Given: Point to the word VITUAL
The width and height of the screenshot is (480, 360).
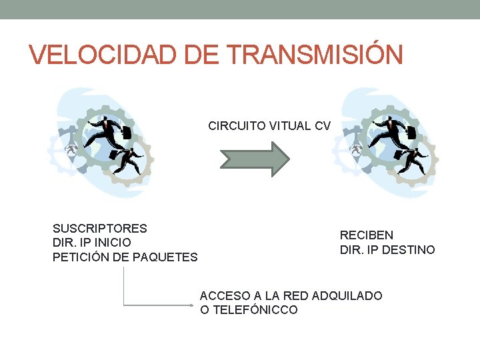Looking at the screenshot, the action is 290,125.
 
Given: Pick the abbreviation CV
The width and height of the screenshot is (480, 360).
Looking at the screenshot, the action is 323,125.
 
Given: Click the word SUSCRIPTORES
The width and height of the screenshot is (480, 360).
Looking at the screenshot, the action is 100,228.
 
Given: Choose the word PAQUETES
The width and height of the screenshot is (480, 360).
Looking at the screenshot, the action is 167,257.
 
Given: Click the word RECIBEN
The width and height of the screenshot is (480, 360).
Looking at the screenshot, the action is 367,235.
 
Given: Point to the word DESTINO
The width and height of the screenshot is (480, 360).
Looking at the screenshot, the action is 407,250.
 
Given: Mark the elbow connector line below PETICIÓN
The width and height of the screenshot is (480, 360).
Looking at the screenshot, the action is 125,293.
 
